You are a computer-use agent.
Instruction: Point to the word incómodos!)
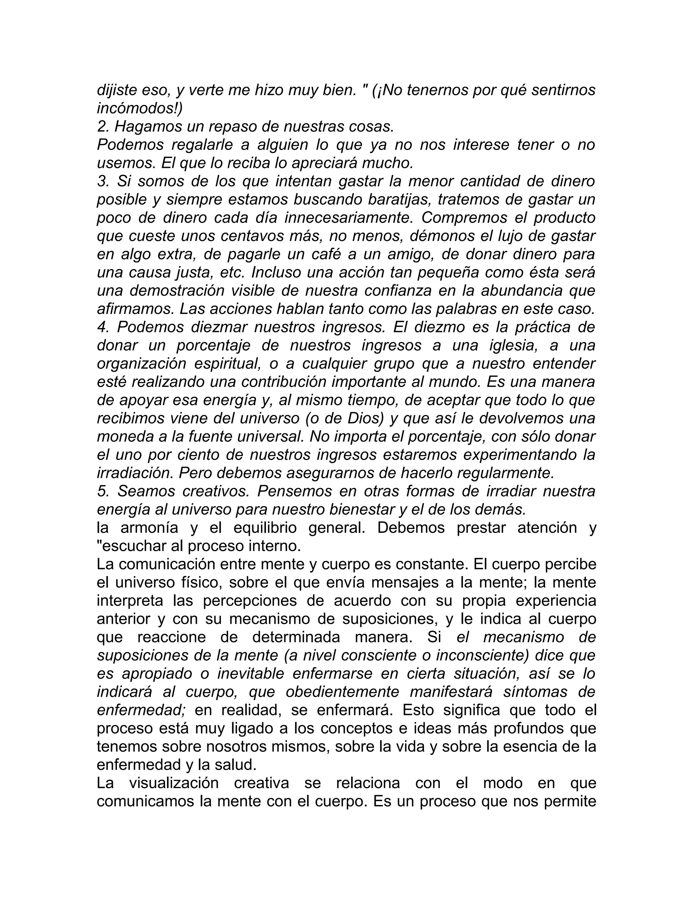click(x=140, y=108)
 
